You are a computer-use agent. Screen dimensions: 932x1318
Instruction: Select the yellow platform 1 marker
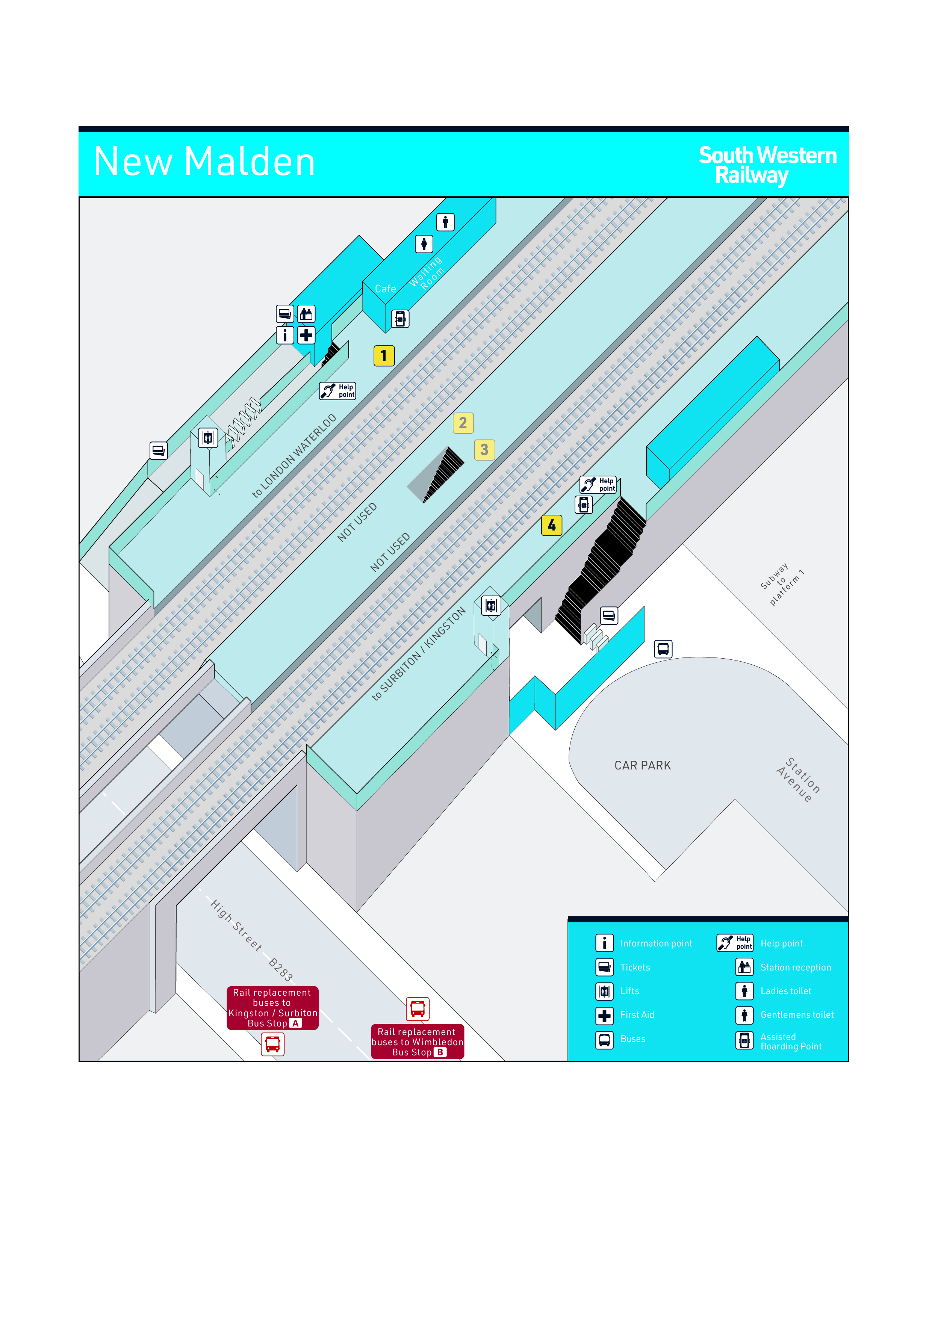point(384,356)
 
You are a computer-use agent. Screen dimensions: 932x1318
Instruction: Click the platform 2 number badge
point(463,423)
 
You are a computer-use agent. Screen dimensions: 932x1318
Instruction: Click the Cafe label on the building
point(385,289)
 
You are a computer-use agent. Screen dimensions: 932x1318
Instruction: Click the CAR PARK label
point(643,765)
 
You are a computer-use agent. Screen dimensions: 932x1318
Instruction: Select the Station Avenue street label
point(798,780)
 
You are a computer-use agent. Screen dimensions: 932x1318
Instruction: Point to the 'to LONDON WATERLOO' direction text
point(294,456)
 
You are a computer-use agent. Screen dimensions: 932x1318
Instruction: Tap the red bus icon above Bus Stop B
point(418,1008)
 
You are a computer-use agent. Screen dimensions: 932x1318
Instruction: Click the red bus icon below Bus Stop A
point(273,1044)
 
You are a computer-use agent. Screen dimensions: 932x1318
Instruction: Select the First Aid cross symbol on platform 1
point(306,335)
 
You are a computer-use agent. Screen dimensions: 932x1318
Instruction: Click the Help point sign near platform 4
point(598,485)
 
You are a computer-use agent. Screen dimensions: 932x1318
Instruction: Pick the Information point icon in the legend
point(604,943)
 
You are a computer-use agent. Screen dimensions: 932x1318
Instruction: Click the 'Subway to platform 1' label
point(782,584)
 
